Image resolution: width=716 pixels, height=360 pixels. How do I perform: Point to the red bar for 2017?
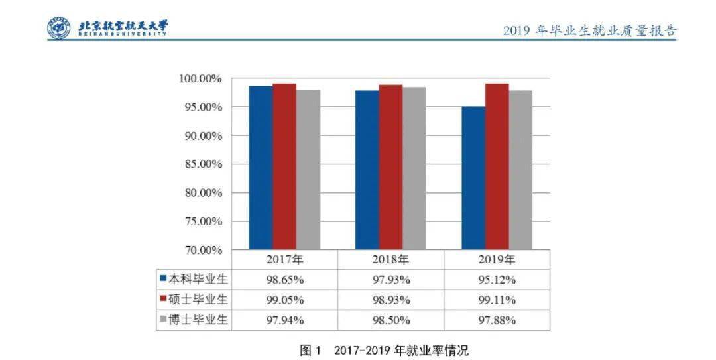point(284,166)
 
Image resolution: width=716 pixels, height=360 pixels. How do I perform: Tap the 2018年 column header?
point(391,259)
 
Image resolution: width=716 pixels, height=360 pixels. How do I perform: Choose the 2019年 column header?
point(497,259)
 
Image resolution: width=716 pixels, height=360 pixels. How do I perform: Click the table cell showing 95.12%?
point(497,280)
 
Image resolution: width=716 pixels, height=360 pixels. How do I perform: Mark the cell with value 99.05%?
point(285,300)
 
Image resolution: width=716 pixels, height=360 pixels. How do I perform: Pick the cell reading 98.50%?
point(391,320)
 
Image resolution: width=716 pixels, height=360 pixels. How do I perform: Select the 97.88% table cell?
point(497,320)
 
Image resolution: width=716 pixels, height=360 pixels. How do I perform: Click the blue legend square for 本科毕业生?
point(162,279)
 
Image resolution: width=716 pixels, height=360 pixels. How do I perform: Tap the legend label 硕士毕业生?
point(198,300)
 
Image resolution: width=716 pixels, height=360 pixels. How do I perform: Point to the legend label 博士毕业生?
point(198,320)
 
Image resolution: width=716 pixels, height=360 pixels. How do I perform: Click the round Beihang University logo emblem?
point(58,27)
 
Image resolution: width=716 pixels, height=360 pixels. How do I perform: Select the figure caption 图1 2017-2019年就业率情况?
point(384,349)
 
